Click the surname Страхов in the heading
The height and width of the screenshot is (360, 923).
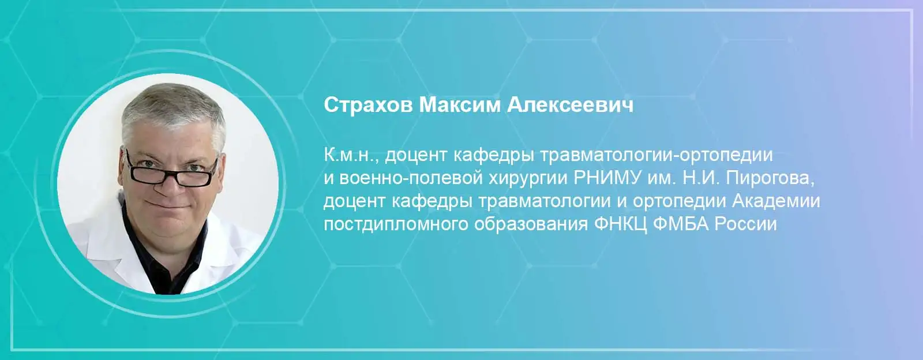coord(368,106)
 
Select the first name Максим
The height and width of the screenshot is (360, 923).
coord(459,106)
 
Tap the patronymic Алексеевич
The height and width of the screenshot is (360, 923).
coord(570,106)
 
